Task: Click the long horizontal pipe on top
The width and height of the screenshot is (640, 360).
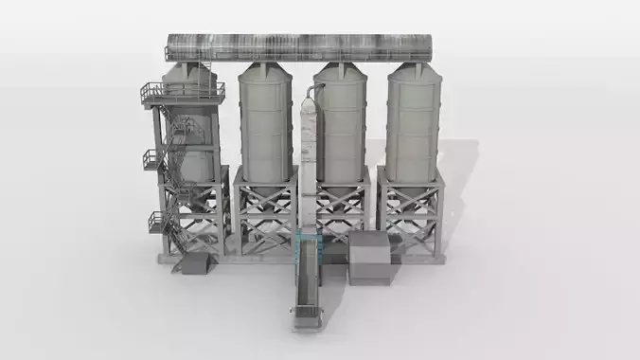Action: coord(298,47)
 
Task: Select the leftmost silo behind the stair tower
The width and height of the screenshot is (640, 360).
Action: coord(193,142)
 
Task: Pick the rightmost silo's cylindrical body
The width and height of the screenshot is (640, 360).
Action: coord(414,128)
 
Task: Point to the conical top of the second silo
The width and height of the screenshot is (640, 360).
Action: coord(264,72)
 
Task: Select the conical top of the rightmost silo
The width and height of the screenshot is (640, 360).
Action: coord(414,72)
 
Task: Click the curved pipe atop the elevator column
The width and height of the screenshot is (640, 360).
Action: coord(315,90)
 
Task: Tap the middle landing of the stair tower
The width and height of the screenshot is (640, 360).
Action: coord(154,159)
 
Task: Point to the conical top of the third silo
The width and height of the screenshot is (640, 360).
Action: coord(341,72)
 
